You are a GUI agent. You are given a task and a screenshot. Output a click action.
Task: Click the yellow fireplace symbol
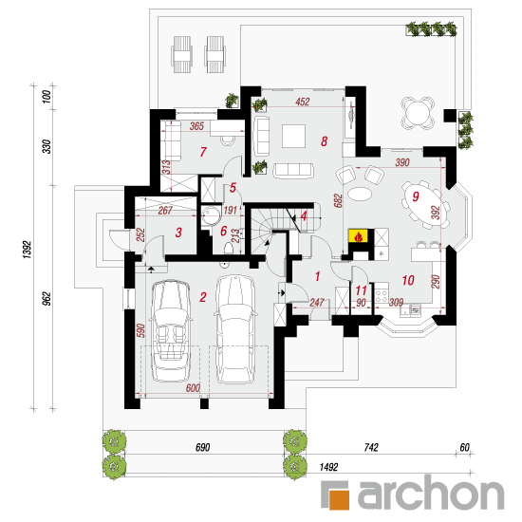pos(358,235)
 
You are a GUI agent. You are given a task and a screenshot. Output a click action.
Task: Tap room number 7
pos(203,152)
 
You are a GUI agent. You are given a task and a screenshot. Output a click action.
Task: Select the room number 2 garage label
pos(203,297)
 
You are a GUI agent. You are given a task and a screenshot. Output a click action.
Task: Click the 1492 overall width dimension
pos(328,467)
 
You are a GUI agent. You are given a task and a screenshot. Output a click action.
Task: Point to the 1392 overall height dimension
pos(28,250)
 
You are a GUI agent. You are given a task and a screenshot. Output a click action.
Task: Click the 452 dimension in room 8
pos(303,102)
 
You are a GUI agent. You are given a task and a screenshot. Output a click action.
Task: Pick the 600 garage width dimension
pos(193,388)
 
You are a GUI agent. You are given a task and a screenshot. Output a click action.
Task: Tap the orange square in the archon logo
pos(340,499)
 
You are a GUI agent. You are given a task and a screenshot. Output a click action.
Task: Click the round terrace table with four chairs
pos(418,113)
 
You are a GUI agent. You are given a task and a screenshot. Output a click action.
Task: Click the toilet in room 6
pos(229,249)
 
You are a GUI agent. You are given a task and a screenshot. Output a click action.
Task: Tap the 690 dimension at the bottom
pos(202,447)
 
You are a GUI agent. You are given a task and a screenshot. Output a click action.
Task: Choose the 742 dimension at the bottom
pos(371,447)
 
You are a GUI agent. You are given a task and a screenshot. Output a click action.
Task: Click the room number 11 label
pos(361,290)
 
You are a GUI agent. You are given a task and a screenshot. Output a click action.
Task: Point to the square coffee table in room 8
pos(293,136)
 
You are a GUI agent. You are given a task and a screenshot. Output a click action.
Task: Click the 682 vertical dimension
pos(338,201)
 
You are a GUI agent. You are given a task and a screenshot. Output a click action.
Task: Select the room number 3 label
pos(178,233)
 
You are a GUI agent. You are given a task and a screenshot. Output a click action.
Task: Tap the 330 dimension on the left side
pos(47,146)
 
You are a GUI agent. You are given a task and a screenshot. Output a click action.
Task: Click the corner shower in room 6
pos(211,215)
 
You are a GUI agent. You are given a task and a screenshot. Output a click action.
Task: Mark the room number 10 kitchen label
pos(408,280)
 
